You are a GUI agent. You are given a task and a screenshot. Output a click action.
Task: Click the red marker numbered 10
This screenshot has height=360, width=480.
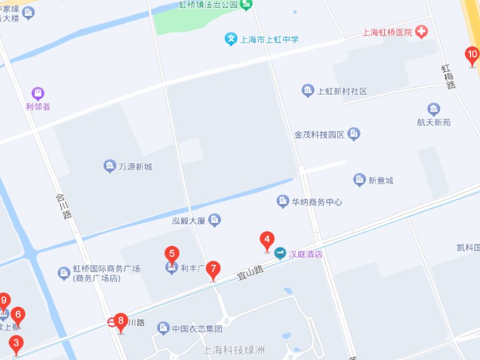(471, 55)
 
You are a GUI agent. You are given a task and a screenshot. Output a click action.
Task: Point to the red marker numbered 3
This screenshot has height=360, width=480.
(15, 344)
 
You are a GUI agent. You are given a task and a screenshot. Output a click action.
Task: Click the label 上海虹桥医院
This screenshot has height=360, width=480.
(387, 32)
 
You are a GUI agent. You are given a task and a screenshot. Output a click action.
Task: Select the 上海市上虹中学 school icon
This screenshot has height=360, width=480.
(231, 39)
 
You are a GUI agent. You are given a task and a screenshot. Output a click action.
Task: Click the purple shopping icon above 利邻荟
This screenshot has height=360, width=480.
(38, 93)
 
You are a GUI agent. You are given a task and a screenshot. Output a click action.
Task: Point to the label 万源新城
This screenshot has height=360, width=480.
(135, 166)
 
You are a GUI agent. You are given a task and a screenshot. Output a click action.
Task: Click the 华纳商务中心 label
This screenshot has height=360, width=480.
(317, 202)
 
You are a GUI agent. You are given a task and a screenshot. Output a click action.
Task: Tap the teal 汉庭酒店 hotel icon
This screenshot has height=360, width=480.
(280, 255)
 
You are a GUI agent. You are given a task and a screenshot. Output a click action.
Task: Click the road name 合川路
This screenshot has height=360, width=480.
(63, 206)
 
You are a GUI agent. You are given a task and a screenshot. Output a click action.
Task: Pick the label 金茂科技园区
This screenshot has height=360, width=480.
(319, 135)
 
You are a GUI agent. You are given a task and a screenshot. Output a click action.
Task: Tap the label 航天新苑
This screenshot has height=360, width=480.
(434, 122)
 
